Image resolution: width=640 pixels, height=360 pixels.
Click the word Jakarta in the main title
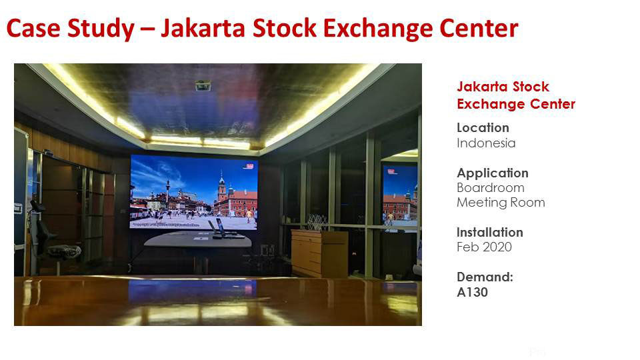coord(203,29)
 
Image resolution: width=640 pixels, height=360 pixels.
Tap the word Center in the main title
coord(479,29)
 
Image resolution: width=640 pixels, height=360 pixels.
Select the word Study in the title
coord(101,29)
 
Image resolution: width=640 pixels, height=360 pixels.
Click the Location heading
coord(483,128)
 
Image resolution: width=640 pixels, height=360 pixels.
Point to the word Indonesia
coord(486,143)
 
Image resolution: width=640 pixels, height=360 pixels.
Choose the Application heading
coord(493,173)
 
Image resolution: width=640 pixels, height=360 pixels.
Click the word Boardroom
coord(491,188)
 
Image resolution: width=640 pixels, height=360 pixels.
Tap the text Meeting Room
coord(501,203)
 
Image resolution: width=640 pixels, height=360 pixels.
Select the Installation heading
coord(490,232)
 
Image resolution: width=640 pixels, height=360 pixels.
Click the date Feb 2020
coord(484,247)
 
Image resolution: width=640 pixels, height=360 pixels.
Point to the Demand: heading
coord(485,277)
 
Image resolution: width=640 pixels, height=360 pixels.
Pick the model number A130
coord(472,292)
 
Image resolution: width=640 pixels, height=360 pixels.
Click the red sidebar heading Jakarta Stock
coord(503,87)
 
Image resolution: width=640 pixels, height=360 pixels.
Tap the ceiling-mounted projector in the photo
coord(203,86)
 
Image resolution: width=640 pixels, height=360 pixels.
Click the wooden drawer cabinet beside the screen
coord(319,253)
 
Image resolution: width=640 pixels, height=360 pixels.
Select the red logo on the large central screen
coord(249,166)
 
